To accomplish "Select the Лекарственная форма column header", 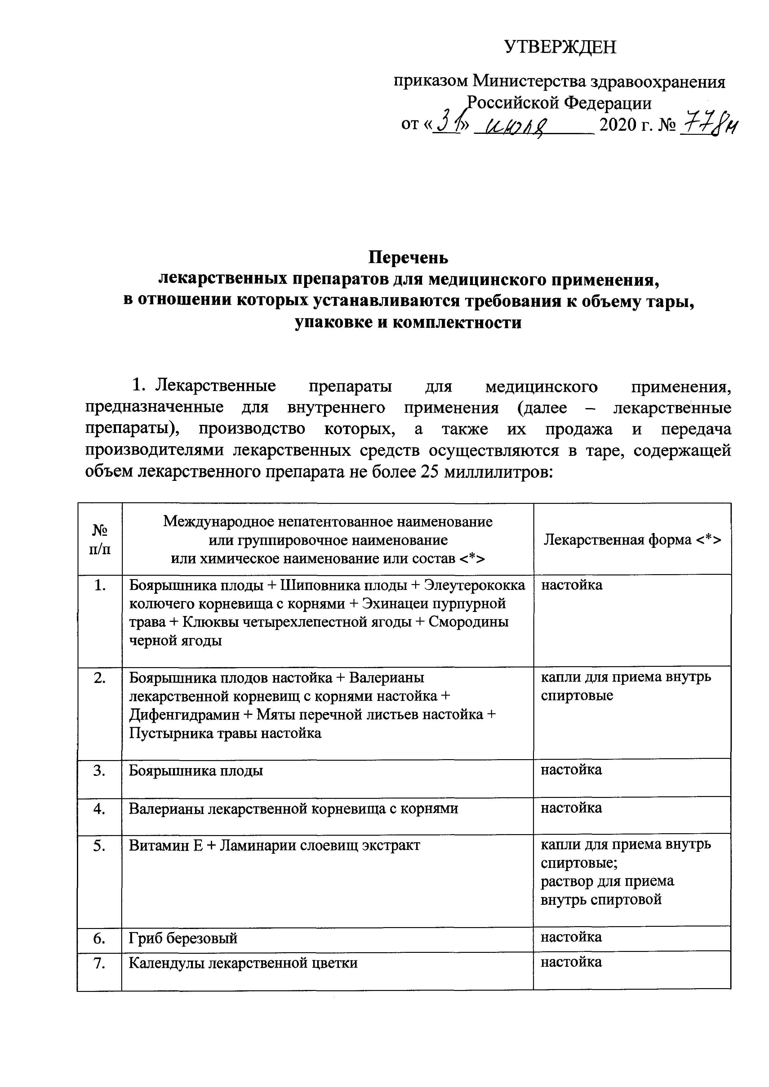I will pos(632,539).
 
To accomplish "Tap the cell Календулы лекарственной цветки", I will pos(243,962).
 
